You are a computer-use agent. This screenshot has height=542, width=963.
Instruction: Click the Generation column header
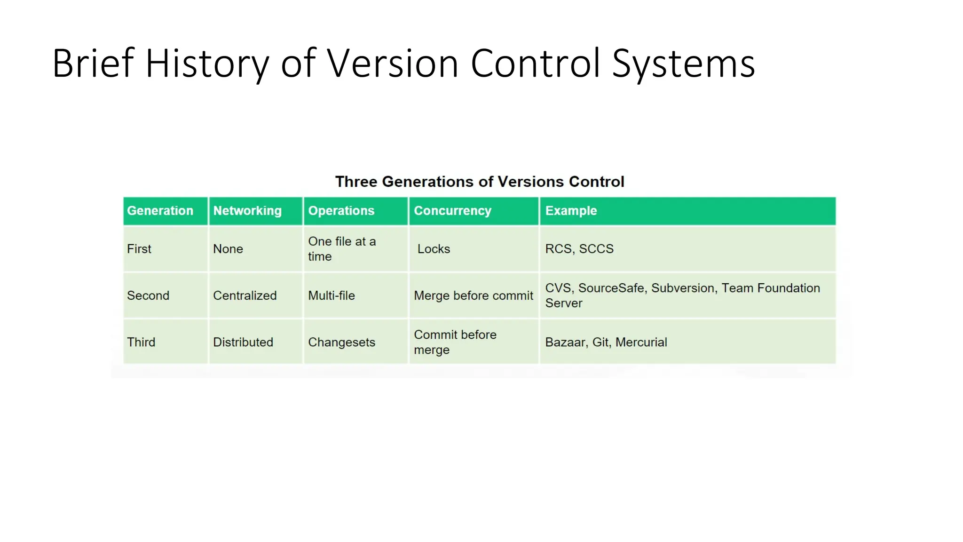pos(160,211)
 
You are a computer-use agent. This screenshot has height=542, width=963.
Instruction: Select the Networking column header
pos(247,211)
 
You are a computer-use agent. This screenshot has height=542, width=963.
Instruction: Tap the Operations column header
pos(341,211)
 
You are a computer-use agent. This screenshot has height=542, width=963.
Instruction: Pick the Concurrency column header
pos(452,211)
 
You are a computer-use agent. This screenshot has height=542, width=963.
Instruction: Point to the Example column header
pos(571,211)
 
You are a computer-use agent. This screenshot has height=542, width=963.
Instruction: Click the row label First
pos(139,249)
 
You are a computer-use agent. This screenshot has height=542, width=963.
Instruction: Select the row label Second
pos(148,295)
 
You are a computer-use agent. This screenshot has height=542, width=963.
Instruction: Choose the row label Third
pos(141,342)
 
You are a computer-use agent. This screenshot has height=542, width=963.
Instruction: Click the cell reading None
pos(228,249)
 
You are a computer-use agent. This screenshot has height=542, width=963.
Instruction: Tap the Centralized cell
pos(245,295)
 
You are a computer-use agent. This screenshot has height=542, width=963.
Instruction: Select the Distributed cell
pos(243,342)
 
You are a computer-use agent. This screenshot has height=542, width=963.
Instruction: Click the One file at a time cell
pos(342,249)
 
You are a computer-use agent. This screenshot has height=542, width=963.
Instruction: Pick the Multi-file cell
pos(332,295)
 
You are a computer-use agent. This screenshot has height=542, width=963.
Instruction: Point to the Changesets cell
pos(342,342)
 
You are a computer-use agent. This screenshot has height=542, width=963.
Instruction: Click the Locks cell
pos(434,249)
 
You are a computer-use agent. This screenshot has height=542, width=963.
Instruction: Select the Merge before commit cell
pos(474,295)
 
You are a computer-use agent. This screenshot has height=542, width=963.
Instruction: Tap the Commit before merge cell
pos(455,342)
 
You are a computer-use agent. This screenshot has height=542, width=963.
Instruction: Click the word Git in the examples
pos(600,342)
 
